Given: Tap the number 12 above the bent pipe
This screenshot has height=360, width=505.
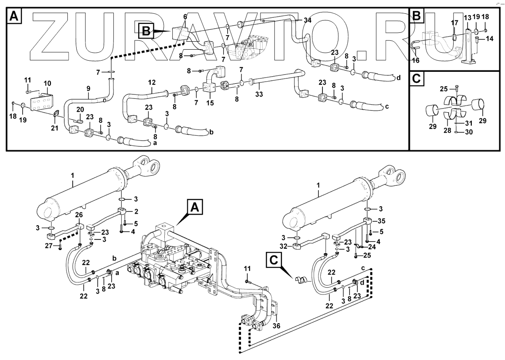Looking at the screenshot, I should [152, 83].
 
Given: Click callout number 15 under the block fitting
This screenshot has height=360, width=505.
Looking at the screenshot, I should [210, 103].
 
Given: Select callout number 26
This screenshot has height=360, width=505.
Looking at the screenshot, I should [78, 215].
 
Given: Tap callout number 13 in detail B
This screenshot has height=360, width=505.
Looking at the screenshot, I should [466, 17].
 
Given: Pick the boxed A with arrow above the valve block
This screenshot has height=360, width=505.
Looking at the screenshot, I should [196, 207].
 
